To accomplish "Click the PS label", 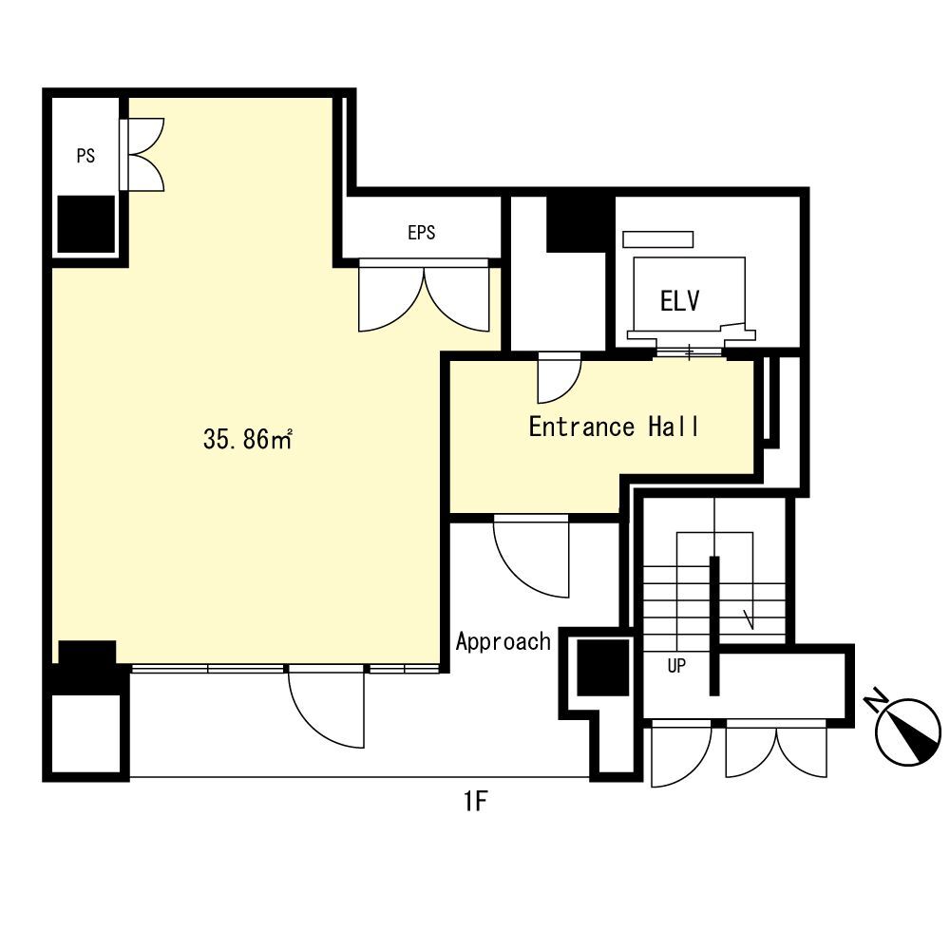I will [x=85, y=156].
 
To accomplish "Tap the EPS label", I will [x=422, y=232].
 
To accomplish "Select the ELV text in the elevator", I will [x=680, y=301].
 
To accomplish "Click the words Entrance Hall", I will [x=614, y=427].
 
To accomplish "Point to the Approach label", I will [x=503, y=641].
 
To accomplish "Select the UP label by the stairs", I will [x=676, y=666].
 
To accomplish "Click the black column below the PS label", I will [x=86, y=224].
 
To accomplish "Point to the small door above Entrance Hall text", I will [x=559, y=377].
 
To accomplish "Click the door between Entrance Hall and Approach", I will [x=532, y=556].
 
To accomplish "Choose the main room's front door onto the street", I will [x=327, y=708].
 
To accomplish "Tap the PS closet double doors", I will [x=142, y=155].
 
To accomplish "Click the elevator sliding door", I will [x=690, y=352].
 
